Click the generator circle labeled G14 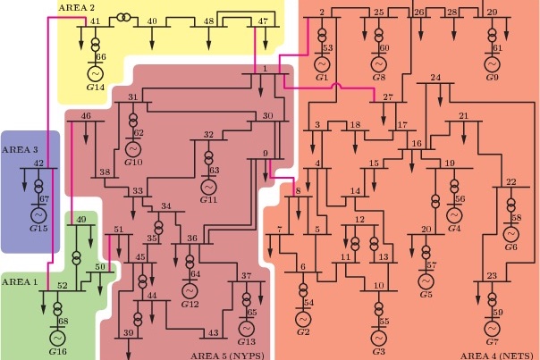(x=96, y=73)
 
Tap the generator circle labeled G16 (x=57, y=338)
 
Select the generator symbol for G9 (x=492, y=64)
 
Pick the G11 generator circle (x=208, y=187)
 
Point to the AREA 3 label (x=20, y=150)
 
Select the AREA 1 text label (x=20, y=282)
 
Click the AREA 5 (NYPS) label (x=227, y=356)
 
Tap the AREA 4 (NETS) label (x=498, y=356)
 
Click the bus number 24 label (x=435, y=78)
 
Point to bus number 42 (x=39, y=163)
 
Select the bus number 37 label (x=246, y=276)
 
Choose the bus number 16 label (x=417, y=143)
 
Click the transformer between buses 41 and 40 (x=123, y=17)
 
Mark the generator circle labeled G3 (x=379, y=338)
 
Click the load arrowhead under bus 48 (x=208, y=46)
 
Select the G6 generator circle (x=511, y=234)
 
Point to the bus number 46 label (x=86, y=115)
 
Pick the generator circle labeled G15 (x=39, y=215)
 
